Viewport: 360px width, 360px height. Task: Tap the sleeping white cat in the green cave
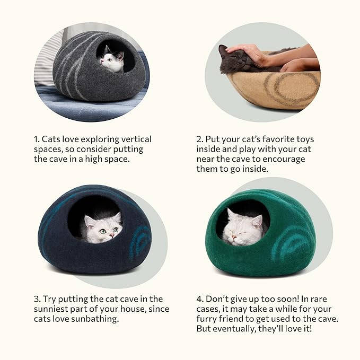coord(242,227)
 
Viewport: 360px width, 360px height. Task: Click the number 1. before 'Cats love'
coord(37,139)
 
